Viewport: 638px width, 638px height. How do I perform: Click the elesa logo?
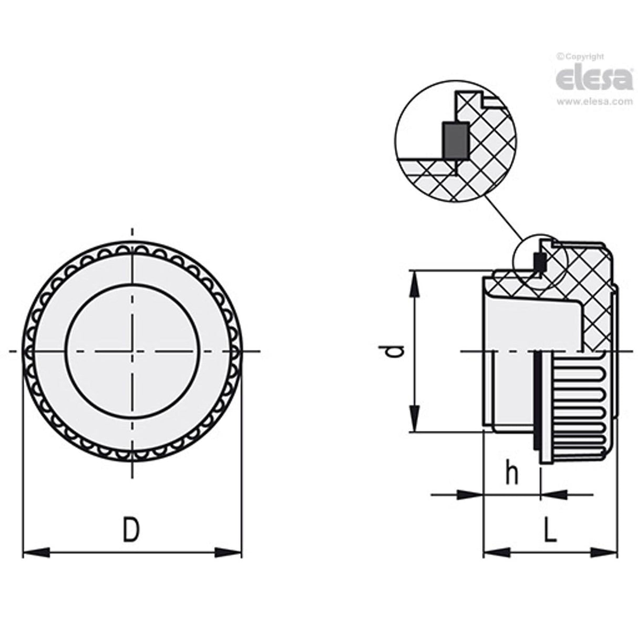[x=594, y=78]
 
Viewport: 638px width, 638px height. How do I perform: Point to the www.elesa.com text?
[x=594, y=101]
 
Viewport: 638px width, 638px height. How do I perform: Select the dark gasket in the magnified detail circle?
[x=456, y=140]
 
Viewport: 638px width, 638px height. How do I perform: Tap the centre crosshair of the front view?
[x=132, y=351]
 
